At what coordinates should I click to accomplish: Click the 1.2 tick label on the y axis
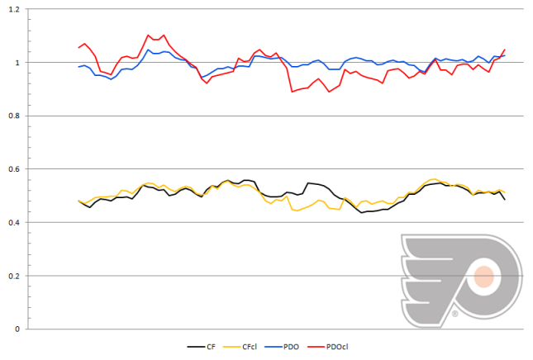coord(17,9)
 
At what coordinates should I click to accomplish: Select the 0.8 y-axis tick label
coord(17,116)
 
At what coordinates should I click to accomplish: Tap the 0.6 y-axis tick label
coord(17,169)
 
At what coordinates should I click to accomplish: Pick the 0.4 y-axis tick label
coord(17,222)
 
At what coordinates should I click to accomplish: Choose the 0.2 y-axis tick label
coord(17,276)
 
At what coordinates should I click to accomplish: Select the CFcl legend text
coord(252,348)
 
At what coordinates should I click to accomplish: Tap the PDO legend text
coord(293,348)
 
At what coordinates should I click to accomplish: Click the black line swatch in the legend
coord(196,348)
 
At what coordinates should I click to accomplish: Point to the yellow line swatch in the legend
coord(231,348)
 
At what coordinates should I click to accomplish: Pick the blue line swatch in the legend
coord(274,348)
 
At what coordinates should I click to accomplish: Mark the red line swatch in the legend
coord(315,348)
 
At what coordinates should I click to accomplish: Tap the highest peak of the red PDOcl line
coord(148,35)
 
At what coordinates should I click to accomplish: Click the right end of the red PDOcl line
coord(505,50)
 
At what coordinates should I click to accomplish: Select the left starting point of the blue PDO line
coord(79,67)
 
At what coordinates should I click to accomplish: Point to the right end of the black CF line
coord(505,200)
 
